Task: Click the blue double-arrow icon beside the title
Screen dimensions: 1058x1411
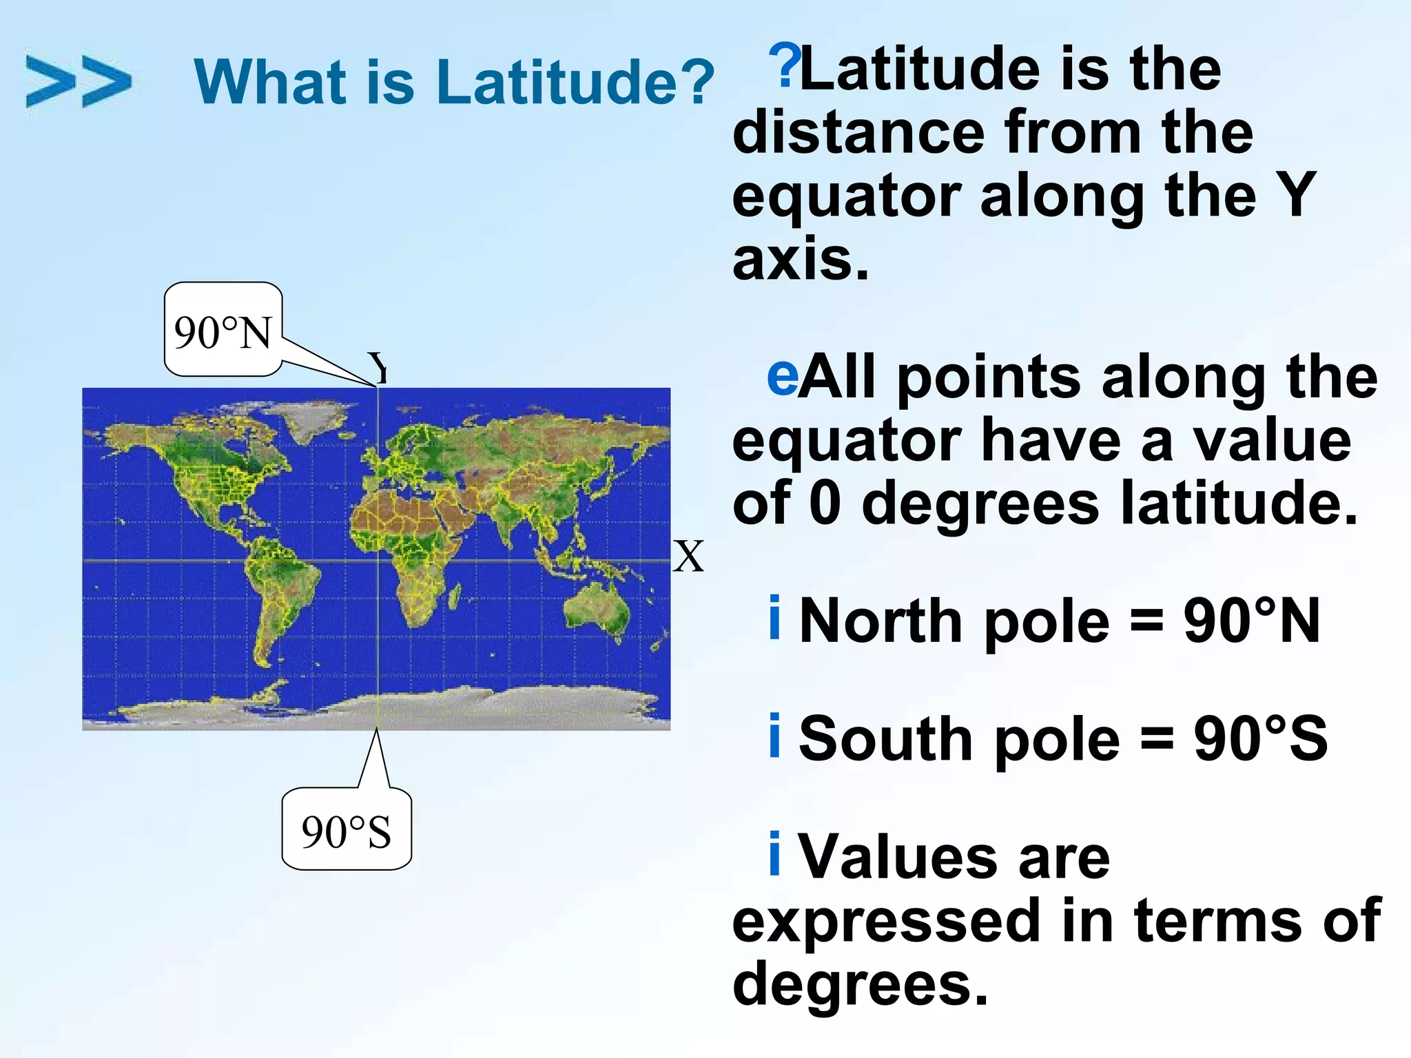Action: click(78, 81)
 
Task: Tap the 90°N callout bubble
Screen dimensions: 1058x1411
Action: click(223, 331)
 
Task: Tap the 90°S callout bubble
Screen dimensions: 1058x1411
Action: click(347, 831)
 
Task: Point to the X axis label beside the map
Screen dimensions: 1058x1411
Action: click(688, 557)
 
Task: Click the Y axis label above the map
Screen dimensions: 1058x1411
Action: click(378, 367)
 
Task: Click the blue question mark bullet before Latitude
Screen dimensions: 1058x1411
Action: click(785, 65)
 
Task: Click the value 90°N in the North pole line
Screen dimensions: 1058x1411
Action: click(1251, 621)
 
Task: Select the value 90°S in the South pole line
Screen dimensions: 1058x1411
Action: click(1260, 739)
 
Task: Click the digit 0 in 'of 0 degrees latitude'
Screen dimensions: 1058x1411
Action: click(825, 503)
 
